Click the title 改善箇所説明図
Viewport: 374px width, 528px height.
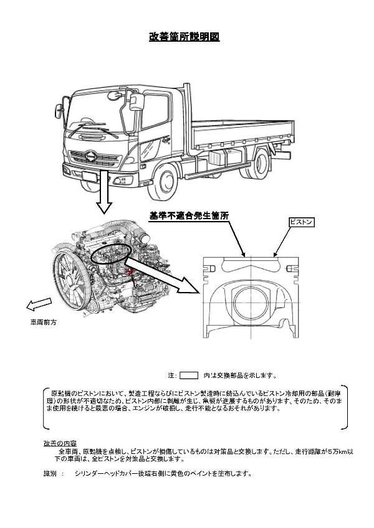(x=184, y=37)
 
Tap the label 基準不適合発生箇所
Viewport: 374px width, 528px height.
(x=189, y=215)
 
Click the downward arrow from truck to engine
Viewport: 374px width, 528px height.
(x=103, y=193)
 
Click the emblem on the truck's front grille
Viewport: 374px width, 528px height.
(x=92, y=155)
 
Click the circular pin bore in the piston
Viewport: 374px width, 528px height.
(x=253, y=305)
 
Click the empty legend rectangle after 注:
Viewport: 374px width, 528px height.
(x=188, y=375)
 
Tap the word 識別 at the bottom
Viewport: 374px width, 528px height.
(x=50, y=473)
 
